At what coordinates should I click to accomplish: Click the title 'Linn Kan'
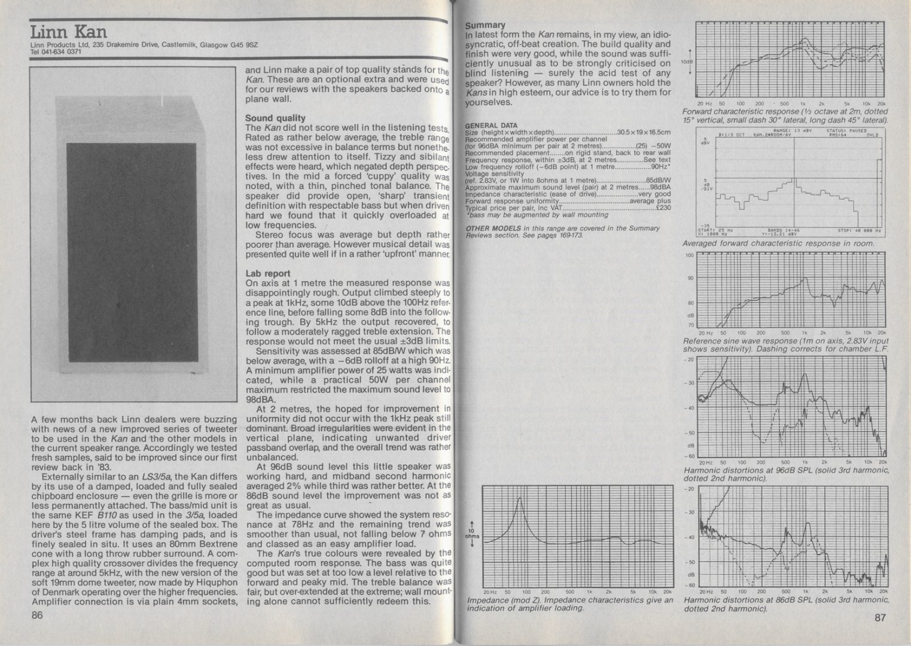(69, 31)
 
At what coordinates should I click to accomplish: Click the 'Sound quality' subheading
(275, 118)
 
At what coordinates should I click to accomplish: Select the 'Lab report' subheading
(267, 273)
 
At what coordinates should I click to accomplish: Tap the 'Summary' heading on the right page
(485, 25)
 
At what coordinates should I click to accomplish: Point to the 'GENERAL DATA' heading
(491, 126)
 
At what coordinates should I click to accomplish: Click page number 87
(879, 618)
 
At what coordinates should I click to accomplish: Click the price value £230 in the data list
(663, 208)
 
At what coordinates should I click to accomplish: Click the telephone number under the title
(55, 51)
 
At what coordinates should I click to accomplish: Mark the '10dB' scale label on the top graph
(686, 62)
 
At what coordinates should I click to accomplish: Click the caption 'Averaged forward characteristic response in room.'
(778, 243)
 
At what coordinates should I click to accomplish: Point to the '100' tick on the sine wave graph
(689, 256)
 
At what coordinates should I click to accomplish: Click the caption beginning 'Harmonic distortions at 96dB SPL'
(785, 474)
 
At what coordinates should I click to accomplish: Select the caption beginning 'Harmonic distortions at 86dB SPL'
(785, 604)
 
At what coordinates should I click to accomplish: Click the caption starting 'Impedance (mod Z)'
(569, 604)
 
